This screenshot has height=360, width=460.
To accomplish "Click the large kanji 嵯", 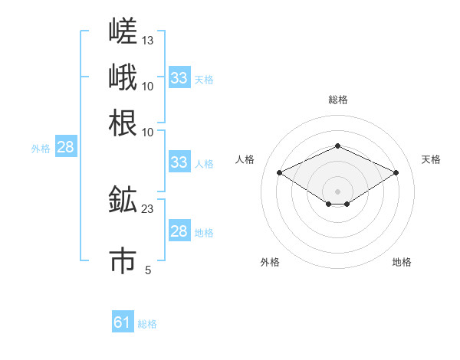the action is point(123,31).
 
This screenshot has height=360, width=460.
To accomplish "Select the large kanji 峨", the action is point(123,77).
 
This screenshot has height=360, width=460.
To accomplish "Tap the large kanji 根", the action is point(123,123).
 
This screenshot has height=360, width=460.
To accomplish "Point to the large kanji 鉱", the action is point(123,199).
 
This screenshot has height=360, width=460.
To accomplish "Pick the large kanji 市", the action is point(123,260).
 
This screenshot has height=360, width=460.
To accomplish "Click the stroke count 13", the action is point(147,41).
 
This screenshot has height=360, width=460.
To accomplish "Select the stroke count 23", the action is point(147,209).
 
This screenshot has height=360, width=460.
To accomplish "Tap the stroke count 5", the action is point(148,270).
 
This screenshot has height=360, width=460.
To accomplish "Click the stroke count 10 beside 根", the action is point(147,133).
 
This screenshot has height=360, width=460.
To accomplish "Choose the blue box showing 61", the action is point(123,321).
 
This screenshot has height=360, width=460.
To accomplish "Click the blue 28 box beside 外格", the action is point(66,146).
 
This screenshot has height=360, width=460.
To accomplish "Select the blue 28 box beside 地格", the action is point(180,230).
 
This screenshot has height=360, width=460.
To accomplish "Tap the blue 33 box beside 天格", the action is point(180,77).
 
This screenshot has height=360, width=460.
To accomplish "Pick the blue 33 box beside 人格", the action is point(180,162).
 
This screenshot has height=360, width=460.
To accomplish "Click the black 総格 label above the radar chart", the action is point(338,100).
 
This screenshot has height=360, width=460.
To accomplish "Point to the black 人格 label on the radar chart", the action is point(245,159).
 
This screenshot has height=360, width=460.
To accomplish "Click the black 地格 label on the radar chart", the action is point(402,262).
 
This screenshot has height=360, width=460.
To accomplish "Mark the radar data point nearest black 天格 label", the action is point(396,172).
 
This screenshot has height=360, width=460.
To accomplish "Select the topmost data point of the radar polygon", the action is point(338,146).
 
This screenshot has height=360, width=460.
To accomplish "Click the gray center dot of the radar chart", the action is point(337,191).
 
